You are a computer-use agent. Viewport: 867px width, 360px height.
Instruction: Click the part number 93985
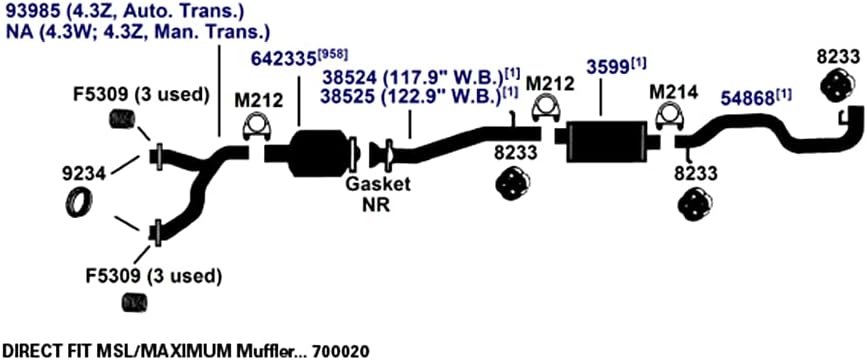pyautogui.click(x=33, y=11)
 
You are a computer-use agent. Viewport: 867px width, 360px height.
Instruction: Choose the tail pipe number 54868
pyautogui.click(x=746, y=99)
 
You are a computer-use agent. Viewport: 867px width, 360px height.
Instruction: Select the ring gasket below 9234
pyautogui.click(x=79, y=202)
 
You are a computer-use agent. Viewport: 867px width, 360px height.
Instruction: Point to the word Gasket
pyautogui.click(x=378, y=184)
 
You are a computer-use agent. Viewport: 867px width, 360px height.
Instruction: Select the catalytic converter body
pyautogui.click(x=320, y=153)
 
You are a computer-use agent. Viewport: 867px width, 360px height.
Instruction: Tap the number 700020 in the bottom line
pyautogui.click(x=341, y=351)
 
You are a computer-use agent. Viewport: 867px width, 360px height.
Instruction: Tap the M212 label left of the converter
pyautogui.click(x=258, y=100)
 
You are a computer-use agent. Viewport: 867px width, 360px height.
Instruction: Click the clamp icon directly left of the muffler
pyautogui.click(x=546, y=109)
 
